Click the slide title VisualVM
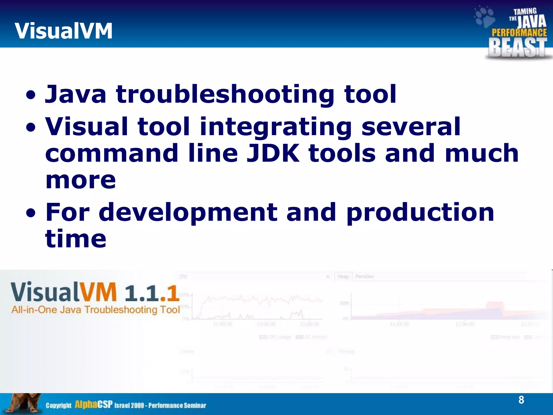(x=63, y=31)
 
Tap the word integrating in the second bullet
(x=275, y=127)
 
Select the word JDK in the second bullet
(x=273, y=153)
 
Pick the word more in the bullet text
(x=80, y=180)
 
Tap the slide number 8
(x=521, y=400)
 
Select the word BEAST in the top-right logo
(x=517, y=48)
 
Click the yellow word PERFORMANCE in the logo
(x=519, y=33)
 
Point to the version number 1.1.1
(x=152, y=293)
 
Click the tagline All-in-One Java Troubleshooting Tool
(x=96, y=310)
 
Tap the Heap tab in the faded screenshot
(x=343, y=276)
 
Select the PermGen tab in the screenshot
(x=365, y=276)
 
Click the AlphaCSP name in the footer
(x=93, y=404)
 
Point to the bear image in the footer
(x=23, y=404)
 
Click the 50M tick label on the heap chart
(x=344, y=303)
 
